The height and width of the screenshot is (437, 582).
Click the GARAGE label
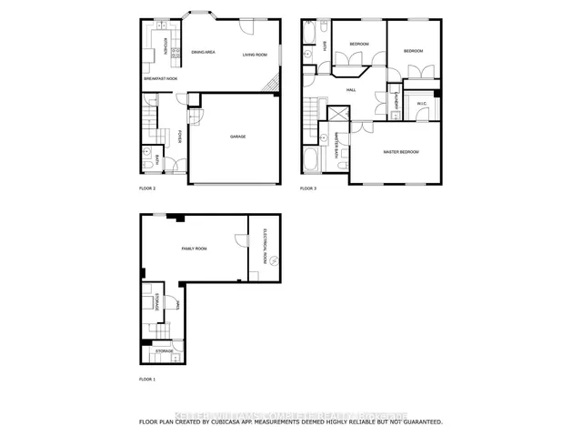236,137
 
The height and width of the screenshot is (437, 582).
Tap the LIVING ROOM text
255,56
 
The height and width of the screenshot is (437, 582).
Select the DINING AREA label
203,53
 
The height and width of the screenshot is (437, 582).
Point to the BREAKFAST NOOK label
160,79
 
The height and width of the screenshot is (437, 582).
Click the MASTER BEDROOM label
400,151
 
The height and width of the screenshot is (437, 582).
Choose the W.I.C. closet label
422,103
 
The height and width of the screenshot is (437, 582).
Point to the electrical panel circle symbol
270,262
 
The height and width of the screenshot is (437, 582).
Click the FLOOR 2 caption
147,189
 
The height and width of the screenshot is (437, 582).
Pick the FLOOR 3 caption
309,189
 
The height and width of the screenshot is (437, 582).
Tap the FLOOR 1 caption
147,378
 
